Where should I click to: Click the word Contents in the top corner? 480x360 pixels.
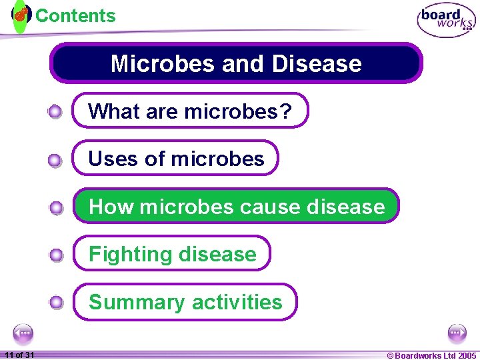click(x=75, y=15)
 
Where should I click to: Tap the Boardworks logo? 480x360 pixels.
click(x=446, y=21)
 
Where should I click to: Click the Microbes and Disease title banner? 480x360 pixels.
click(x=236, y=63)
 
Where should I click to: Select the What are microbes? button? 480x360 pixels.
click(x=190, y=111)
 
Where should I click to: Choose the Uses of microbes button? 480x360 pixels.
click(x=175, y=159)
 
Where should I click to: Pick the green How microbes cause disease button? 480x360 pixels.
click(x=236, y=207)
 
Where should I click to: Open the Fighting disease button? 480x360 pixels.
click(x=172, y=254)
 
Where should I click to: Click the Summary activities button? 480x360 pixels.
click(x=185, y=302)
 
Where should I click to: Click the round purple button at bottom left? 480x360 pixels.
click(x=23, y=333)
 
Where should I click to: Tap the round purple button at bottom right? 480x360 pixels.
click(x=457, y=333)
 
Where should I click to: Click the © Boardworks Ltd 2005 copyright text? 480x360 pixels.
click(x=431, y=355)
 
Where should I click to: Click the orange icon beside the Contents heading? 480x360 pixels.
click(x=21, y=13)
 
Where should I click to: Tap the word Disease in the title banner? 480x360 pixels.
click(x=317, y=63)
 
